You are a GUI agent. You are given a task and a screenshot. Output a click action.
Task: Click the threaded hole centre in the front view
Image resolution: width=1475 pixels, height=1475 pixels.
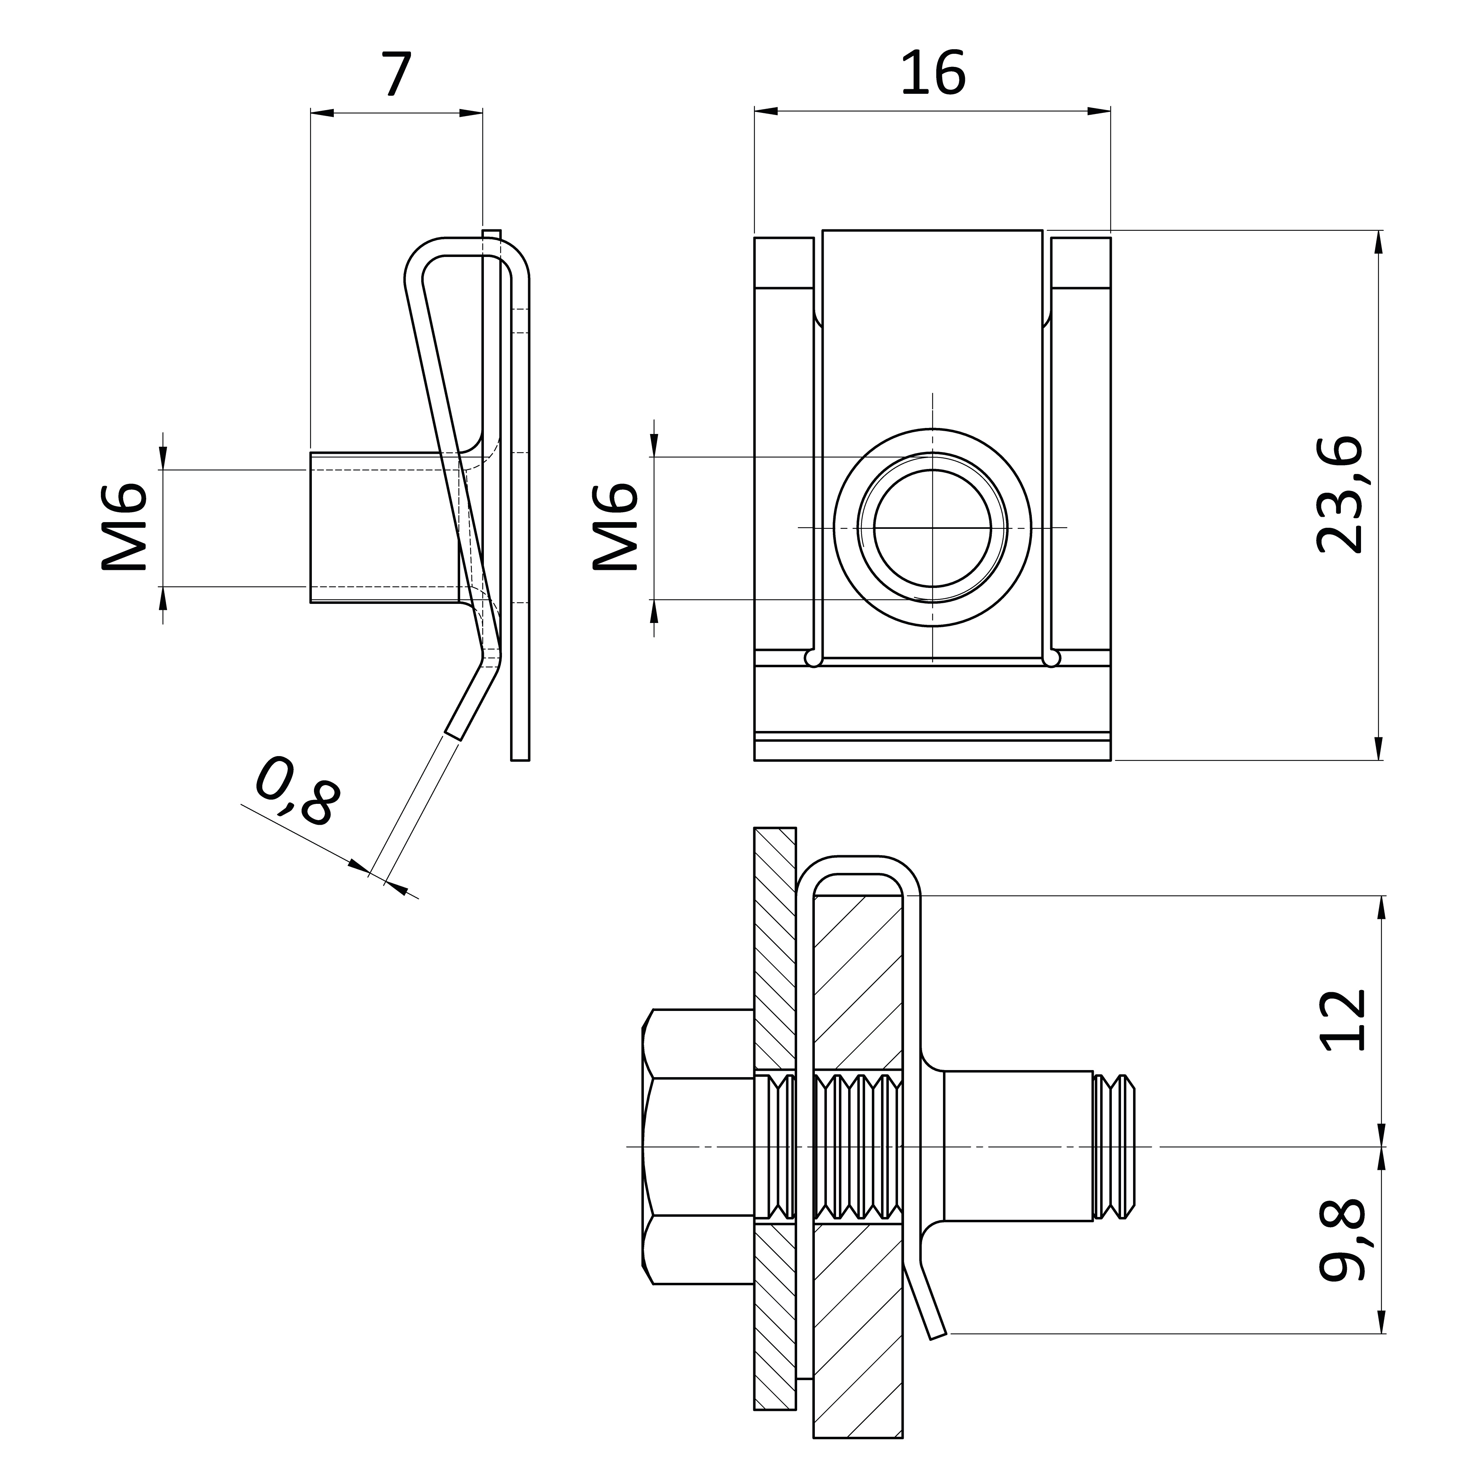coord(932,527)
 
